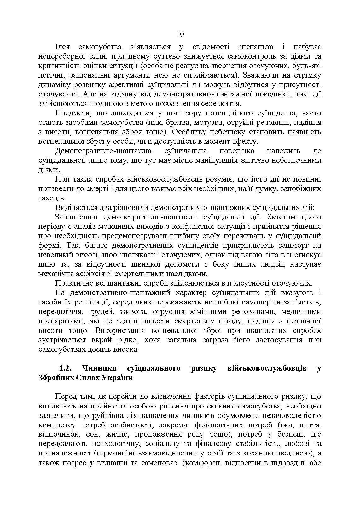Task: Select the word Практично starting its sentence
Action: tap(72, 283)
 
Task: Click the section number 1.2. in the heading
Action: tap(67, 368)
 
